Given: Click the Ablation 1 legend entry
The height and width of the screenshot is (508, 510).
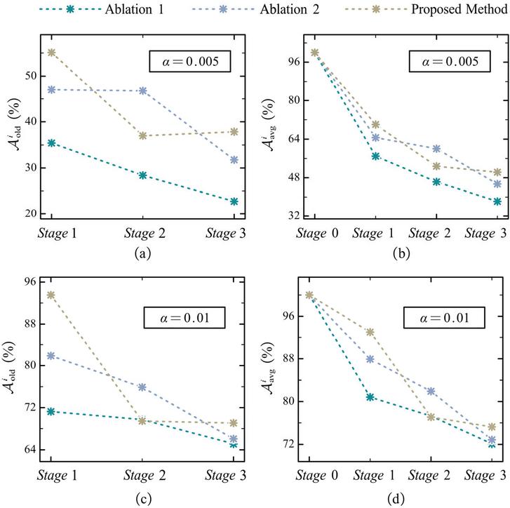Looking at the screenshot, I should [79, 11].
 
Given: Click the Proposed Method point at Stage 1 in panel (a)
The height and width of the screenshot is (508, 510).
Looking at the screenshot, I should [52, 53].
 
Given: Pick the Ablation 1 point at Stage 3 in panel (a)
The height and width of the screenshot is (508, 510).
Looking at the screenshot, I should [234, 201].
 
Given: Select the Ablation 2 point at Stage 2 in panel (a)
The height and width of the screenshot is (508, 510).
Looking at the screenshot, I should [142, 91].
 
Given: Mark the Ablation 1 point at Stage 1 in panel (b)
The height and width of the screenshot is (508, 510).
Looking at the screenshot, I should [375, 156].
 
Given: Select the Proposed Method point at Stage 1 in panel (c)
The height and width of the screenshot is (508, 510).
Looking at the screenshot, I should [52, 295].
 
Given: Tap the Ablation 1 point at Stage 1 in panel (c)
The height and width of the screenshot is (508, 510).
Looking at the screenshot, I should [52, 411].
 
